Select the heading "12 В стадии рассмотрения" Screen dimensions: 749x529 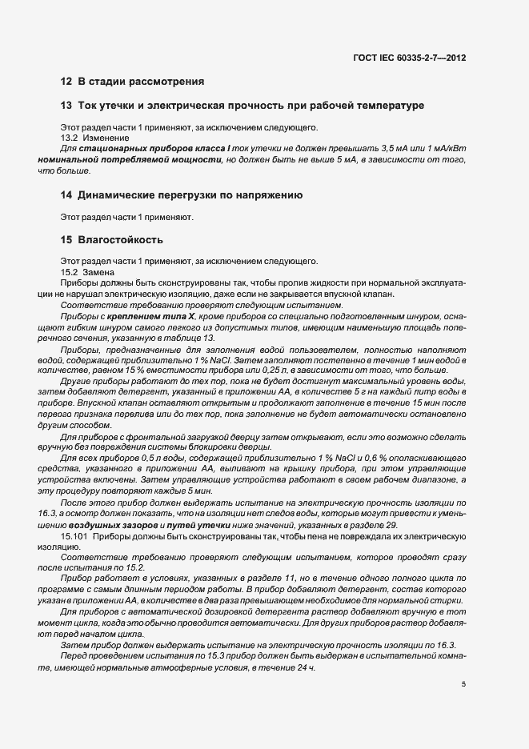(131, 82)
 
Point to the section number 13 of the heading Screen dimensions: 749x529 (66, 106)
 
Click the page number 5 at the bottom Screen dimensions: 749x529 (464, 684)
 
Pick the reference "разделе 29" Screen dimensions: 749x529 (377, 524)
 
